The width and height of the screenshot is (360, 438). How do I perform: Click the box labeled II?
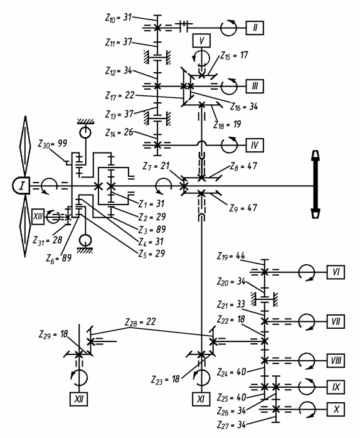(x=255, y=28)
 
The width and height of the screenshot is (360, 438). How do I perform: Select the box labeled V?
(x=201, y=41)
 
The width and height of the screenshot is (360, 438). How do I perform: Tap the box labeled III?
(x=255, y=87)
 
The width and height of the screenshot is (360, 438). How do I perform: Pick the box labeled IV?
(x=255, y=145)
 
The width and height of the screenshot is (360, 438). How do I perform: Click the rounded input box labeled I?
(x=21, y=186)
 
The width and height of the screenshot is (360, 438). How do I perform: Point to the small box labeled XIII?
(x=38, y=216)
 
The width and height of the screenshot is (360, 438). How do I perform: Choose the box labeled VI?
(x=336, y=272)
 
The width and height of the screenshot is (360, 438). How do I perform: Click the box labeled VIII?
(x=336, y=361)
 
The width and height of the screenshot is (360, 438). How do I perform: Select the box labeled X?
(x=336, y=409)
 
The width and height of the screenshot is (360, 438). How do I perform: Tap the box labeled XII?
(x=79, y=399)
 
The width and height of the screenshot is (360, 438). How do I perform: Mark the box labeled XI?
(x=201, y=399)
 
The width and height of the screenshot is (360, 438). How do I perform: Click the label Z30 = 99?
(x=53, y=144)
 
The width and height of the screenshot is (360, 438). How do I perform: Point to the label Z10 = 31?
(x=119, y=18)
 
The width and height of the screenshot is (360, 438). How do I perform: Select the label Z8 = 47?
(x=243, y=166)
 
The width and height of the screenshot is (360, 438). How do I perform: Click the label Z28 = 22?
(x=140, y=322)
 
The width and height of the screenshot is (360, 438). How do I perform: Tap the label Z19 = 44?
(x=231, y=256)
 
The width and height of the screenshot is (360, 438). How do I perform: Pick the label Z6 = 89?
(x=59, y=258)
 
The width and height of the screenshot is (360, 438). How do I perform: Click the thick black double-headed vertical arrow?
(x=315, y=184)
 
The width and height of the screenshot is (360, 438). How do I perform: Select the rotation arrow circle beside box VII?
(x=306, y=321)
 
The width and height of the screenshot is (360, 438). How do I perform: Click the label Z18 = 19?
(x=227, y=125)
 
